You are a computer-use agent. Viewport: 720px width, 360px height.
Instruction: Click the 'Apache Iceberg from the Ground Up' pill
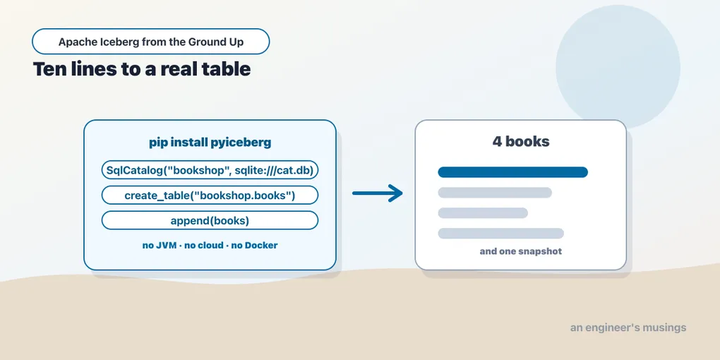[150, 42]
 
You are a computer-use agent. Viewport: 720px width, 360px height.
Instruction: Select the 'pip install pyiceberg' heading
[210, 143]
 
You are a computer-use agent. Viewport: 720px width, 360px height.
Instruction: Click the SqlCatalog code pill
[210, 170]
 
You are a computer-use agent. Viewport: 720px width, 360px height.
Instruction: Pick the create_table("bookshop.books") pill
[210, 195]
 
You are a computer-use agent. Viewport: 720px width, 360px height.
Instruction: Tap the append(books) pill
[210, 220]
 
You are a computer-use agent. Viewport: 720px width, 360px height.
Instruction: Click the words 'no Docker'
[254, 246]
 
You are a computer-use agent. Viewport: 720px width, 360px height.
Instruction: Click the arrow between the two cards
[378, 193]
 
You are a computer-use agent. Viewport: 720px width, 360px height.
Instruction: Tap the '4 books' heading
[521, 141]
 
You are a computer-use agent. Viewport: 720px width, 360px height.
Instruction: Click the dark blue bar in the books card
[513, 172]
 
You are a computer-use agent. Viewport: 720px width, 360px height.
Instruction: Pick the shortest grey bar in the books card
[483, 213]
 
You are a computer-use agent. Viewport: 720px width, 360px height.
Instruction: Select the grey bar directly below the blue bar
[495, 193]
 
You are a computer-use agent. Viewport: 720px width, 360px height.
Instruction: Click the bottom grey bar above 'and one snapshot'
[501, 233]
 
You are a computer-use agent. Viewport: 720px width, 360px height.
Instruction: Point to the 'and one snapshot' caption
[521, 251]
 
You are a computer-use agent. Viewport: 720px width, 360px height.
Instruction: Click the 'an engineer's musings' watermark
[628, 328]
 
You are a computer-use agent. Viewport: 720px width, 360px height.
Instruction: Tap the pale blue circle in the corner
[618, 67]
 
